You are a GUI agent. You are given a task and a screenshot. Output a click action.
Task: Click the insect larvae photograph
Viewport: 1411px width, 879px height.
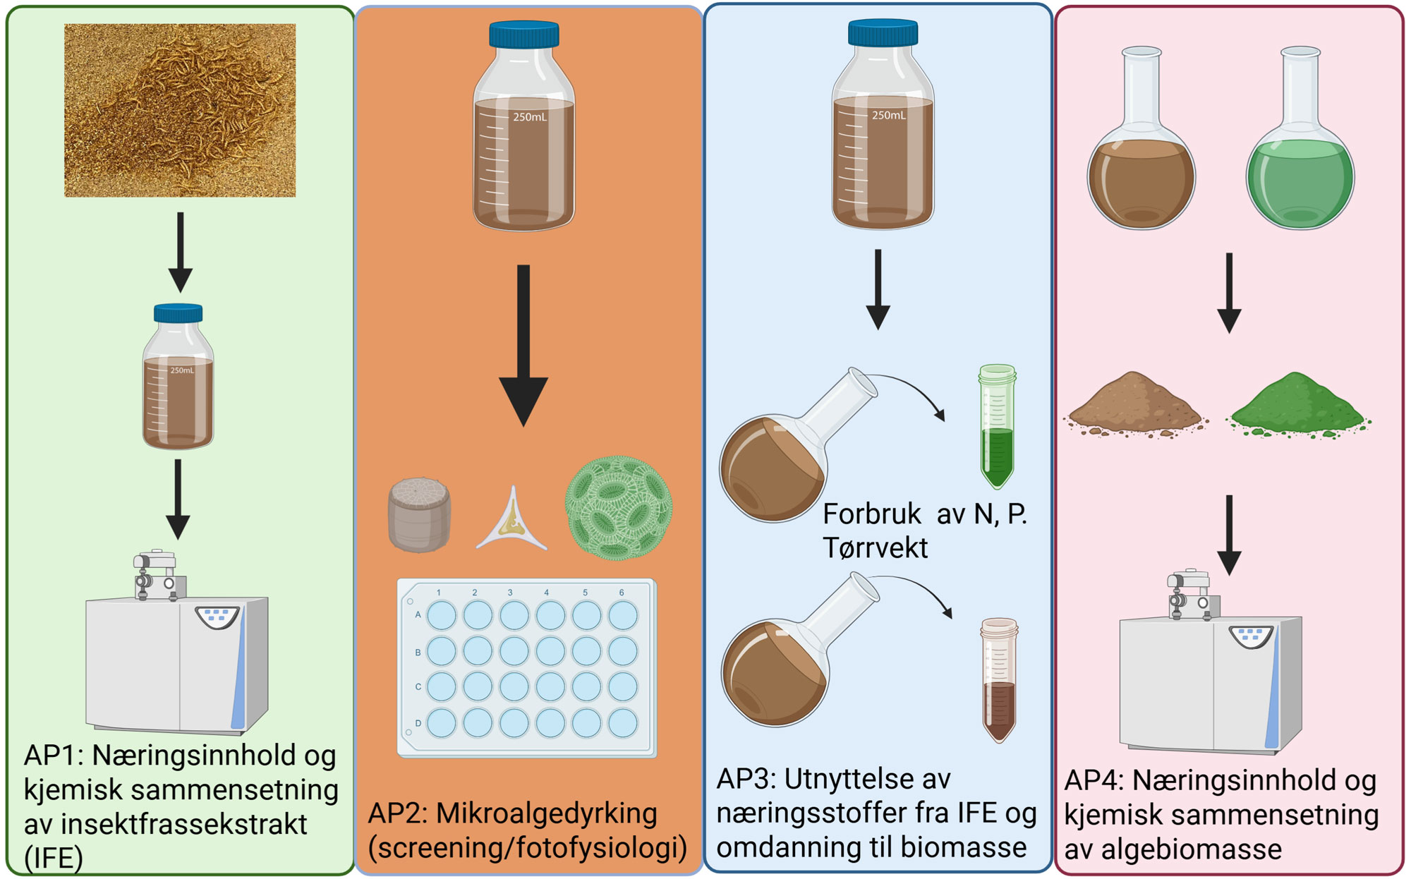pyautogui.click(x=180, y=110)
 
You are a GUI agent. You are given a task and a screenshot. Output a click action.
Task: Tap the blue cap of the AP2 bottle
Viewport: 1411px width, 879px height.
pyautogui.click(x=523, y=34)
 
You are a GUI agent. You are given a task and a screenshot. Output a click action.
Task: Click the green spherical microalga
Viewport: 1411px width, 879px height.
pyautogui.click(x=619, y=508)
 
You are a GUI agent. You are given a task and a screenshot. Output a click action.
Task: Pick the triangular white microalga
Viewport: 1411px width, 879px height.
pyautogui.click(x=512, y=522)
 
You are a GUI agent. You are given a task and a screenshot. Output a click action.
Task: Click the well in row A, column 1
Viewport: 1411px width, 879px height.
pyautogui.click(x=442, y=615)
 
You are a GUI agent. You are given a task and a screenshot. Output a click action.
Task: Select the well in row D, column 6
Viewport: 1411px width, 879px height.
pyautogui.click(x=622, y=722)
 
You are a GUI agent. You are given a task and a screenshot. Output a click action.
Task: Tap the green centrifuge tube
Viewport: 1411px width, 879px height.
pyautogui.click(x=997, y=427)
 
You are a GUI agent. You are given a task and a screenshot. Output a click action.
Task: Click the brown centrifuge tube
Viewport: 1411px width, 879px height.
pyautogui.click(x=999, y=681)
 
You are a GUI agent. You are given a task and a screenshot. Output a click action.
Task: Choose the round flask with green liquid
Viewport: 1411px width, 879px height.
pyautogui.click(x=1300, y=159)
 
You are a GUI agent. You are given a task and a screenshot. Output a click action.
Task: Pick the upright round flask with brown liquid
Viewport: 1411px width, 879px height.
pyautogui.click(x=1141, y=159)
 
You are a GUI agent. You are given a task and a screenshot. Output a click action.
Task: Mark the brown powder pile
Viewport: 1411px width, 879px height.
pyautogui.click(x=1134, y=406)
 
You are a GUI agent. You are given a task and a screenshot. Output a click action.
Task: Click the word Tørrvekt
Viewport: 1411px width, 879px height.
pyautogui.click(x=875, y=548)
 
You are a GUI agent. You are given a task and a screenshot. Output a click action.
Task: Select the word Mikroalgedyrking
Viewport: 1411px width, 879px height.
pyautogui.click(x=546, y=813)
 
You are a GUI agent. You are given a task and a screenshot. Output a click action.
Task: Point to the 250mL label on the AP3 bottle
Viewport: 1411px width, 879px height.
pyautogui.click(x=888, y=115)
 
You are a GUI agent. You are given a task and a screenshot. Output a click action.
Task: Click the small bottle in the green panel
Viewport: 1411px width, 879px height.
pyautogui.click(x=178, y=377)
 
